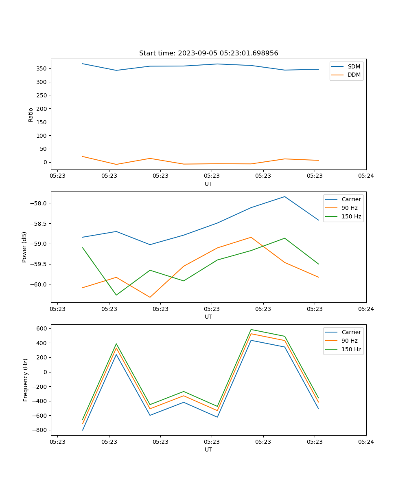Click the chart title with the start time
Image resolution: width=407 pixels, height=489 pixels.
coord(208,53)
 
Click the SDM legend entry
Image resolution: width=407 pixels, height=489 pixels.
coord(354,66)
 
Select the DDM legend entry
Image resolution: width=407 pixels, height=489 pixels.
coord(354,75)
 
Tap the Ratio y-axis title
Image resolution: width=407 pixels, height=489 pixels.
coord(31,115)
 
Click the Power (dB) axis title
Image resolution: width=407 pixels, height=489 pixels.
coord(24,247)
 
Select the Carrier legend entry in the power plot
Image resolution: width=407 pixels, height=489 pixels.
coord(351,199)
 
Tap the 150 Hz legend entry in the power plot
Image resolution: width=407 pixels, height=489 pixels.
coord(351,216)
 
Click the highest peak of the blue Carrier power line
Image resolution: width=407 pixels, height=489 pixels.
coord(284,197)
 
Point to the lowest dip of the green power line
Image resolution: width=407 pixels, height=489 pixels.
coord(116,295)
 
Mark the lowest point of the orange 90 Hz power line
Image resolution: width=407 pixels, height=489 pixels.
coord(150,297)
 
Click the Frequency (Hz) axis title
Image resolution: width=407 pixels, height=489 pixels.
coord(25,380)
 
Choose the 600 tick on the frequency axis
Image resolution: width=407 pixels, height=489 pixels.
coord(43,328)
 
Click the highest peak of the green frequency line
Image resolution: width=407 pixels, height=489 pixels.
coord(251,330)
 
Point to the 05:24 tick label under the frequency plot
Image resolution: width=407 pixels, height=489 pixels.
coord(365,442)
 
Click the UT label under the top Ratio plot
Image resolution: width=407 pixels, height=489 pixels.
coord(208,184)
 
